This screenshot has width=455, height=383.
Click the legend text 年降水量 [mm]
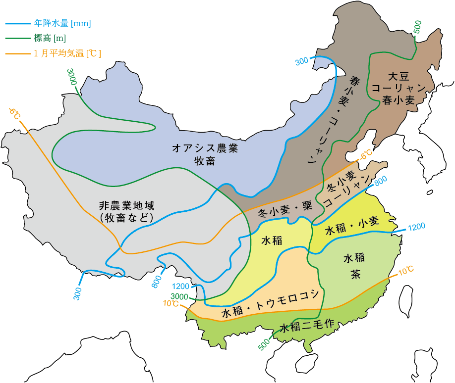point(63,23)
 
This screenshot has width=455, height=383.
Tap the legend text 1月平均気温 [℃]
point(67,53)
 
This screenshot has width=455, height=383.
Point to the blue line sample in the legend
point(18,23)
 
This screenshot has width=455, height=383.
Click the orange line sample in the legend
point(18,53)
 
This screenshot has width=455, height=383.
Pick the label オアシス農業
point(206,148)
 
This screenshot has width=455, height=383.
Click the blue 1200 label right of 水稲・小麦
point(416,227)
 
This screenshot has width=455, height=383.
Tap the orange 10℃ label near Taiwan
point(405,270)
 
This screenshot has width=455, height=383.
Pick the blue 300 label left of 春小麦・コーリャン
point(302,61)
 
